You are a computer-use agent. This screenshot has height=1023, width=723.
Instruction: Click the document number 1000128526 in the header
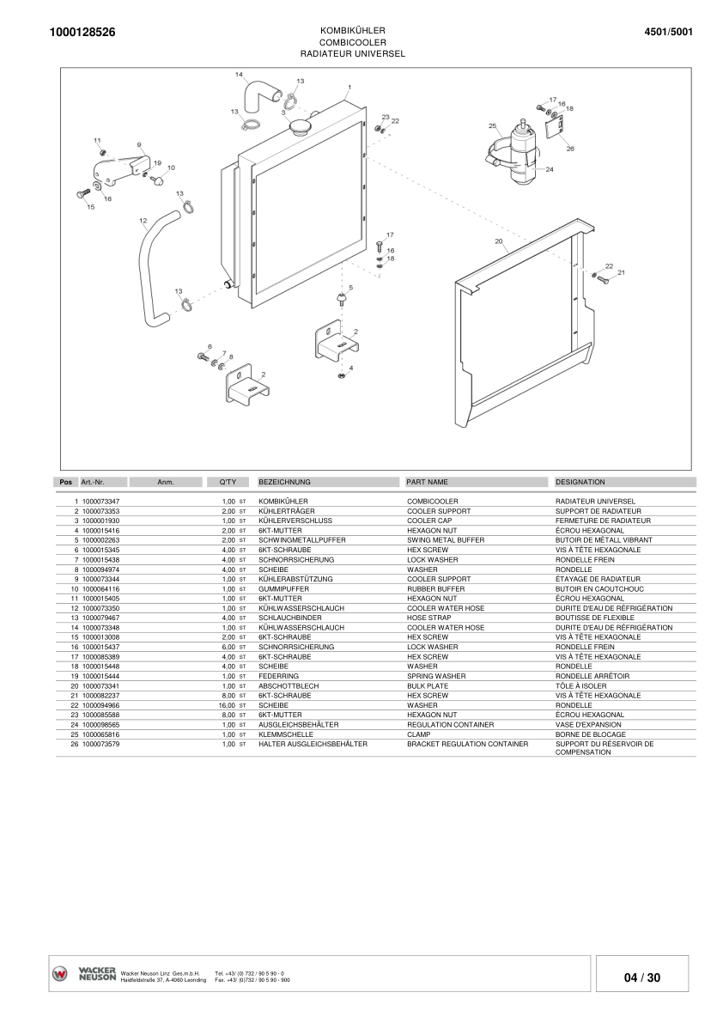(x=82, y=32)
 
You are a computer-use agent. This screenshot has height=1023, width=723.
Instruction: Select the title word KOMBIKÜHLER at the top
(x=352, y=29)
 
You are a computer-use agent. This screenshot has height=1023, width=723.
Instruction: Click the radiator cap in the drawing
(x=301, y=126)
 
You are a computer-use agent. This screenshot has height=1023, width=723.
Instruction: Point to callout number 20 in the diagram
(x=498, y=242)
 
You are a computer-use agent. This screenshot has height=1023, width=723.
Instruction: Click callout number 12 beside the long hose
(x=143, y=221)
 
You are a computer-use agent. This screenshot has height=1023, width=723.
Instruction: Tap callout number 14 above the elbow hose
(x=239, y=75)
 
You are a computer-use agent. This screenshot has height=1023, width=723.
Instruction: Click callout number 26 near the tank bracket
(x=570, y=149)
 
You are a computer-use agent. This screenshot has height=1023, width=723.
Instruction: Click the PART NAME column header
(x=428, y=483)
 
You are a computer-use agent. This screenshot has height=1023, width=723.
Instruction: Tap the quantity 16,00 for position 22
(x=227, y=705)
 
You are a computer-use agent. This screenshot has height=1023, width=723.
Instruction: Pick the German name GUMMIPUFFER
(x=284, y=589)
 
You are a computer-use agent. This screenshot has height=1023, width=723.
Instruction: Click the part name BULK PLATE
(x=428, y=685)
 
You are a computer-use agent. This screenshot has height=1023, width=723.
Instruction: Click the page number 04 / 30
(x=642, y=977)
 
